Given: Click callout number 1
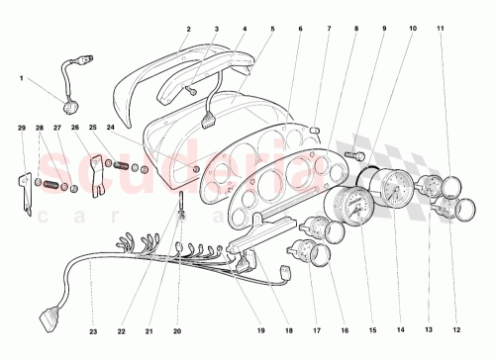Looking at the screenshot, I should [20, 77].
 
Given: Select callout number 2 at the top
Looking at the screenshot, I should [187, 31].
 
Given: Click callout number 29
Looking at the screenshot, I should [22, 130].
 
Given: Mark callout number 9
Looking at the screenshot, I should [384, 31].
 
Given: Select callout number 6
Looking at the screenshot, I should [299, 31].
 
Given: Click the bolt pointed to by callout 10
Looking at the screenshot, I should [357, 154].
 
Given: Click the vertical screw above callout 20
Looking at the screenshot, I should [182, 210].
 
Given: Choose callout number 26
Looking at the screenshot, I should [73, 130].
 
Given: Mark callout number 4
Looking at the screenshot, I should [244, 31].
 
